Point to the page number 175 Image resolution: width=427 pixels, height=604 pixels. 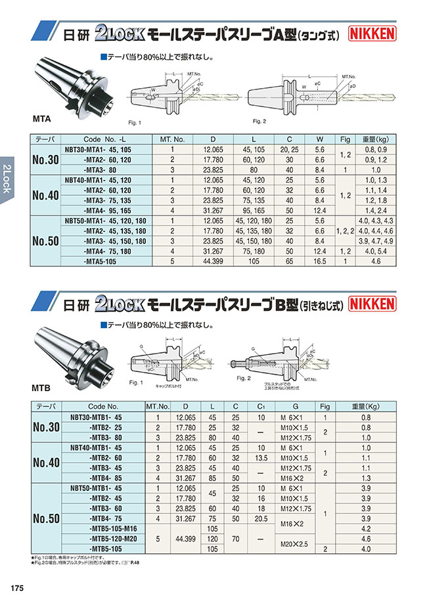pyautogui.click(x=17, y=587)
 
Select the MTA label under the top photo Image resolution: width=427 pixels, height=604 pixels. pyautogui.click(x=42, y=120)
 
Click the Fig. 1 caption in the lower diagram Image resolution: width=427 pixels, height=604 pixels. pyautogui.click(x=137, y=382)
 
